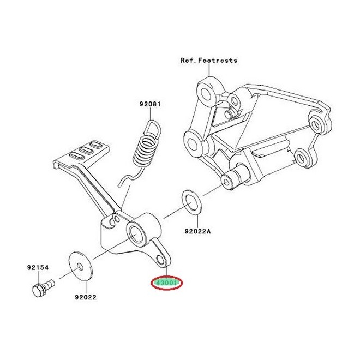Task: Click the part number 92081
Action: pos(150,104)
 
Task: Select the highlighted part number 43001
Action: pos(166,283)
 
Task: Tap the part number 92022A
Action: pos(197,231)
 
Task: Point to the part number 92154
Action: pos(38,267)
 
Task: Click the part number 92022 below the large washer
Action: pos(86,297)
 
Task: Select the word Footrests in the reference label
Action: pos(218,61)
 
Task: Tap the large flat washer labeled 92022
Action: pos(81,266)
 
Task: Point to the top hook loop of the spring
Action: pos(153,128)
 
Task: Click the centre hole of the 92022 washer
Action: pos(80,267)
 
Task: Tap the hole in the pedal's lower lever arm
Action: pos(160,260)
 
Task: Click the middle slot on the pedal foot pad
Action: pos(86,150)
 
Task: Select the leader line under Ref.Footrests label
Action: pos(209,70)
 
